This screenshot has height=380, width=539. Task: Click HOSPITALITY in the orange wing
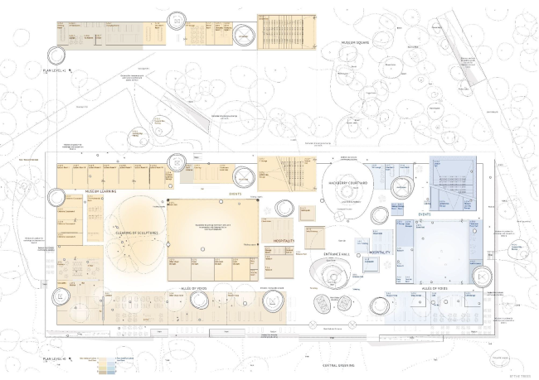point(284,240)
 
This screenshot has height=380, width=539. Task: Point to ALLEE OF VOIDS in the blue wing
point(437,287)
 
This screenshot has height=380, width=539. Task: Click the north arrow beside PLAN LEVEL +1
point(73,72)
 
